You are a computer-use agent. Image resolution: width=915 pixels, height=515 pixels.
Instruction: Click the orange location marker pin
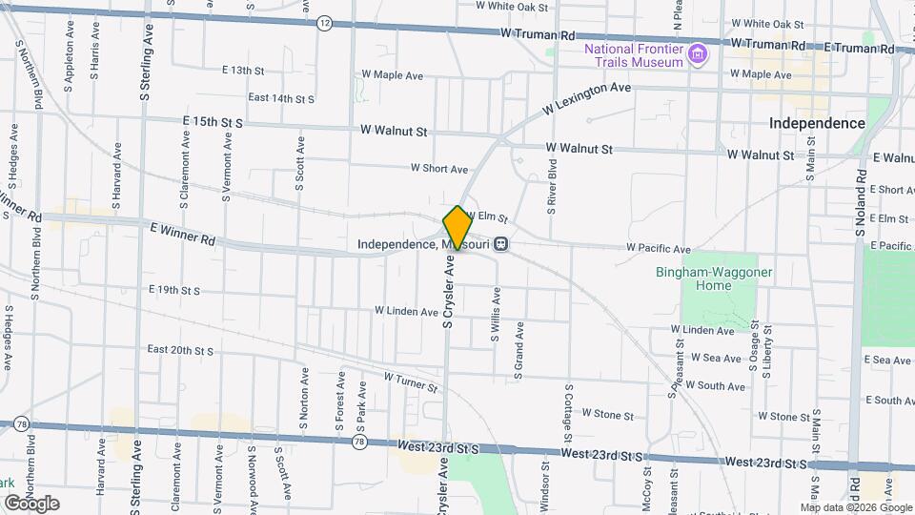(457, 228)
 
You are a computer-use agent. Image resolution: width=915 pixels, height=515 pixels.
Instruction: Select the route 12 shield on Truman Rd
(325, 23)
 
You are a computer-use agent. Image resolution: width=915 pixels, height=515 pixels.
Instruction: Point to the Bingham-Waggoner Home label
(715, 278)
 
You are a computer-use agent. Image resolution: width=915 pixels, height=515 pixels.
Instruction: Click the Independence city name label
(817, 124)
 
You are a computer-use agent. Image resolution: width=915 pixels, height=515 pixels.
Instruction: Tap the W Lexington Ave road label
(587, 99)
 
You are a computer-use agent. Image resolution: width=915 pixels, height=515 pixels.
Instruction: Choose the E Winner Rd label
(183, 234)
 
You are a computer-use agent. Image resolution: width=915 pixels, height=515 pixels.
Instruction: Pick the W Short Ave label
(439, 169)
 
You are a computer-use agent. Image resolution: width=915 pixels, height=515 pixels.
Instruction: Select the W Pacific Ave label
(659, 249)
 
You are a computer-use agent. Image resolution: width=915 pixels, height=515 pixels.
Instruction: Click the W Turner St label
(411, 383)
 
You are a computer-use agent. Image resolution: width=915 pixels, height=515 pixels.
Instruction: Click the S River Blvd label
(552, 185)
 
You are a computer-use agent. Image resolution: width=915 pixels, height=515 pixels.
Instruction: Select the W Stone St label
(607, 414)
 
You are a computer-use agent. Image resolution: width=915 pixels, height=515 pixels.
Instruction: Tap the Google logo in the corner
(31, 504)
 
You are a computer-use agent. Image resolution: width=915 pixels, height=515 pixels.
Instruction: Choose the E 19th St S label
(174, 290)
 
